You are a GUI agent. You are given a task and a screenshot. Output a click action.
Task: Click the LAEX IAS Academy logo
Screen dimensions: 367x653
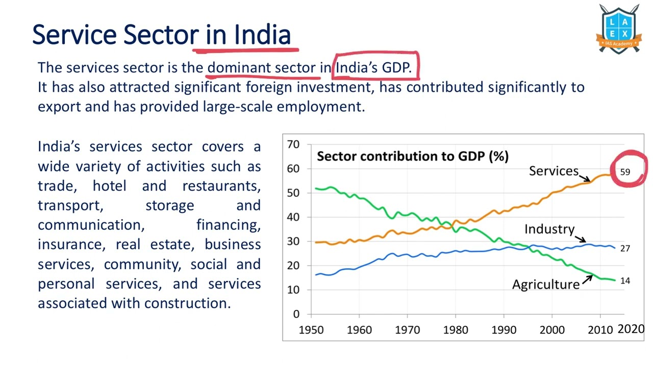click(618, 30)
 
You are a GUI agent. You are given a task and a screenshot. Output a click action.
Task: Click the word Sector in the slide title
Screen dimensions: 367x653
click(161, 35)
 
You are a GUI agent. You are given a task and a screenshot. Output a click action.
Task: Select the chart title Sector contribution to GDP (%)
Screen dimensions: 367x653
click(412, 156)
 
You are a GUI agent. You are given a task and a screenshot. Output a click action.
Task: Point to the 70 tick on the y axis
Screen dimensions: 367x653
click(293, 144)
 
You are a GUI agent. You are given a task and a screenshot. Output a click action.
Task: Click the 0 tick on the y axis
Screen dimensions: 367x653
click(296, 314)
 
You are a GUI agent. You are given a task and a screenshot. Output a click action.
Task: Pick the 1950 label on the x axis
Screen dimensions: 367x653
click(311, 330)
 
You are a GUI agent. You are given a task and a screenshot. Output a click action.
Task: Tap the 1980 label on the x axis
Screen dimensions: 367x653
click(456, 330)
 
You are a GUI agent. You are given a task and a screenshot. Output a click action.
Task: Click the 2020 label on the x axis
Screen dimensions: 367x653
click(631, 329)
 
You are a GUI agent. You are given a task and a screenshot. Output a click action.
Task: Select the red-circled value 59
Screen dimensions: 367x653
click(625, 172)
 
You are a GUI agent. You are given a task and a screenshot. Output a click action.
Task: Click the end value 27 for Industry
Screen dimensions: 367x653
click(625, 249)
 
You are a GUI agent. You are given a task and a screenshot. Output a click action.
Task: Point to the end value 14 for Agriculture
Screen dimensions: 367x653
click(625, 281)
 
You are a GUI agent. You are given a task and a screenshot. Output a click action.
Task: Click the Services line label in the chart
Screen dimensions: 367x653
click(554, 171)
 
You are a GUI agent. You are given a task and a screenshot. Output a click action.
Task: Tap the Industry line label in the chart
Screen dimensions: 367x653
click(549, 229)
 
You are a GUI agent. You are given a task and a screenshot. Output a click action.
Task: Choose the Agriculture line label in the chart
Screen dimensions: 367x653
click(546, 284)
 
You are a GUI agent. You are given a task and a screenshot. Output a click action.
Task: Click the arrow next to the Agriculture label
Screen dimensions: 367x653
click(587, 279)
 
